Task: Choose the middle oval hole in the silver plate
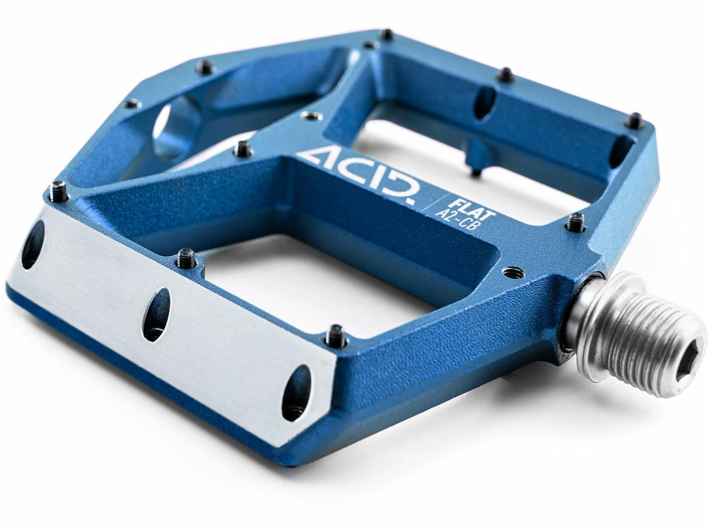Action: pyautogui.click(x=156, y=315)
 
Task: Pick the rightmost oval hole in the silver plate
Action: pyautogui.click(x=297, y=393)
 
